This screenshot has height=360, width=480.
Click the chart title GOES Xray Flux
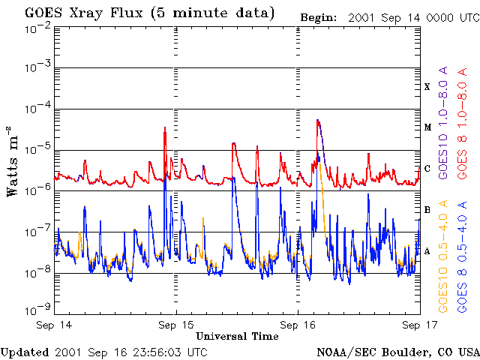coord(84,13)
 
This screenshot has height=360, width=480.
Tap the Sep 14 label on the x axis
coord(54,325)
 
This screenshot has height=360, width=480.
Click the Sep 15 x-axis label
coord(176,325)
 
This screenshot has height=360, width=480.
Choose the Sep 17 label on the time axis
coord(420,325)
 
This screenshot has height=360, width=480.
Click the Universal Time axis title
coord(237,336)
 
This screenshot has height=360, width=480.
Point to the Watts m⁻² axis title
coord(12,161)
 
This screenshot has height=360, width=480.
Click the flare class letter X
coord(427,87)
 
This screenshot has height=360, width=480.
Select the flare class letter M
coord(427,127)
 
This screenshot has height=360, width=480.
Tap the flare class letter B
coord(427,210)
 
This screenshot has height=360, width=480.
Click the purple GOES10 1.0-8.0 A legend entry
coord(443,122)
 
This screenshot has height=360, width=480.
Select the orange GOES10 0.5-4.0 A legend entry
coord(443,256)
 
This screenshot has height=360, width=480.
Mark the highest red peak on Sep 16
coord(318,120)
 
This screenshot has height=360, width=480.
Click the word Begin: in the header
coord(319,18)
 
